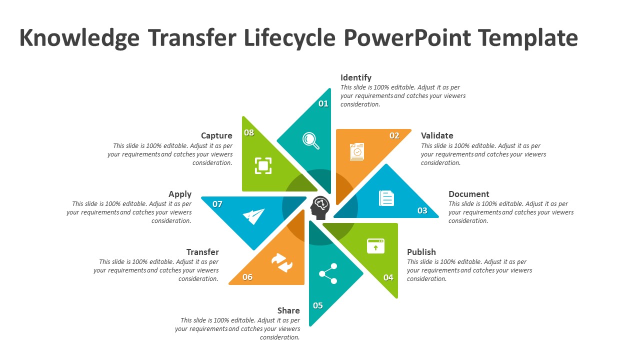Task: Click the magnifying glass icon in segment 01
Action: pyautogui.click(x=311, y=140)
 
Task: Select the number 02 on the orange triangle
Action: pyautogui.click(x=394, y=135)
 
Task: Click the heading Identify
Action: pyautogui.click(x=355, y=77)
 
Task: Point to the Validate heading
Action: pyautogui.click(x=437, y=135)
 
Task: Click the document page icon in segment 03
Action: pyautogui.click(x=386, y=198)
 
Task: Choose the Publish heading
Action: pyautogui.click(x=421, y=252)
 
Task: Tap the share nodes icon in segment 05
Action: pyautogui.click(x=328, y=273)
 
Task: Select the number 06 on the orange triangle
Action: pyautogui.click(x=247, y=277)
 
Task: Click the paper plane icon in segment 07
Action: pyautogui.click(x=254, y=216)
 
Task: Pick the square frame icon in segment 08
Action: pyautogui.click(x=263, y=165)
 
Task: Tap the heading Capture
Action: pyautogui.click(x=216, y=135)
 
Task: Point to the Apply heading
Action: pyautogui.click(x=180, y=194)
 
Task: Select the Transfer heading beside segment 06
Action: pyautogui.click(x=202, y=252)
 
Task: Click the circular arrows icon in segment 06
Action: pyautogui.click(x=282, y=262)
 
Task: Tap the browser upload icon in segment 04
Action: pyautogui.click(x=375, y=246)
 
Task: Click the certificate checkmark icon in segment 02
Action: pyautogui.click(x=357, y=151)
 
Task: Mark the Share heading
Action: pyautogui.click(x=288, y=310)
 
